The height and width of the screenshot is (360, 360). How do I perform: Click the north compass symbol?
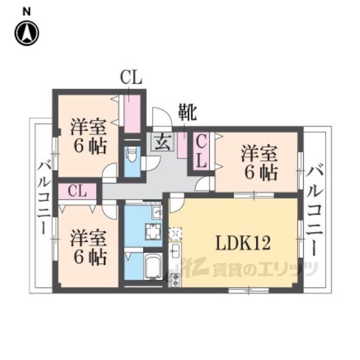26,33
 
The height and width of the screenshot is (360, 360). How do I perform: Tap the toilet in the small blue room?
132,155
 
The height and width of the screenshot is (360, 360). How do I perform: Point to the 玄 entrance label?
160,141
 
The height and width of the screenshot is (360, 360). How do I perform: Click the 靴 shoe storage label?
187,113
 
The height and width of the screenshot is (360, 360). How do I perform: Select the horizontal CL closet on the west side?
78,191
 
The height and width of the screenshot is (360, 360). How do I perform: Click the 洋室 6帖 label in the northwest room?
89,136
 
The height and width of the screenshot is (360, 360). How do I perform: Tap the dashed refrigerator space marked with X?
175,232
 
